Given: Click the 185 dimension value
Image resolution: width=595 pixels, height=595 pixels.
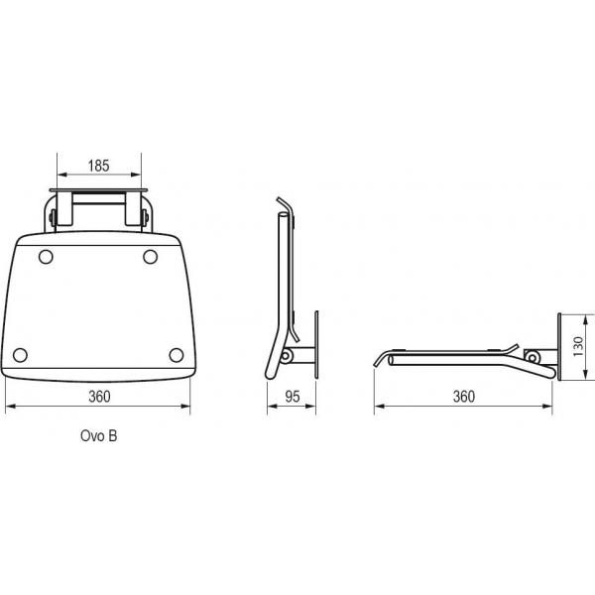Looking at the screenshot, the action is [98, 166].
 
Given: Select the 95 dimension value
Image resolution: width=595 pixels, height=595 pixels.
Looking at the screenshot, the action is [293, 397].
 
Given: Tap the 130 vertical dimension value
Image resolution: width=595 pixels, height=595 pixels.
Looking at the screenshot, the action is [578, 346].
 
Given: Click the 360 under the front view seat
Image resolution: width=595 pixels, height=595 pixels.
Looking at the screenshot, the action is [99, 397].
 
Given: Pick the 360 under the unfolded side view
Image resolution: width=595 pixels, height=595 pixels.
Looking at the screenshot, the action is [464, 397].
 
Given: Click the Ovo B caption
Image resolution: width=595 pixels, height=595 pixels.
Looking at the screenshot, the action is [98, 435].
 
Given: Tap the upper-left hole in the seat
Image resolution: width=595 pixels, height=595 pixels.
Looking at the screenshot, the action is [46, 257].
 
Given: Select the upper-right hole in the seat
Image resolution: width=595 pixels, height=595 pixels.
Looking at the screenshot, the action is [151, 257].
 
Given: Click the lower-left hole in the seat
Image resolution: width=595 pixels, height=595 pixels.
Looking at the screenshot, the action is [20, 355].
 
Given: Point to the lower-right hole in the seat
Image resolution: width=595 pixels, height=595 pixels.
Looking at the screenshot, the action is [177, 355].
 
